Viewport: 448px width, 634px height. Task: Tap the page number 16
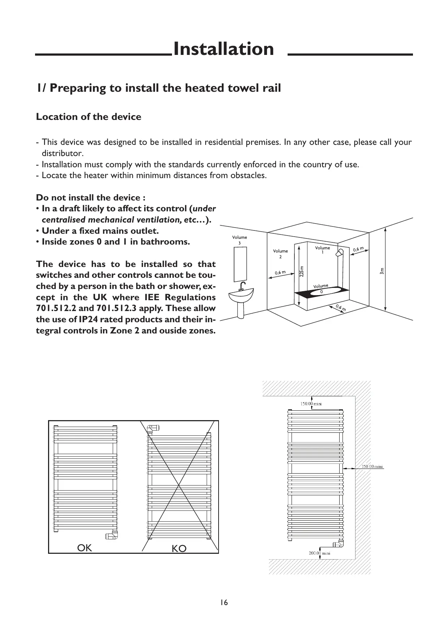click(x=224, y=603)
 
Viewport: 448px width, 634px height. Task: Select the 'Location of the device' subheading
click(x=89, y=117)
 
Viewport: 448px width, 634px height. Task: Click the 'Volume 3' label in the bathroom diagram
click(x=240, y=240)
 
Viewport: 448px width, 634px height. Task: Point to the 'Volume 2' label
click(x=280, y=254)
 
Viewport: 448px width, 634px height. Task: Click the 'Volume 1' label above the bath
click(x=322, y=250)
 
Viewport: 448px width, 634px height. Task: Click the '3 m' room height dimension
click(x=382, y=271)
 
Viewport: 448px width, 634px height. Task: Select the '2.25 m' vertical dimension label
click(x=302, y=271)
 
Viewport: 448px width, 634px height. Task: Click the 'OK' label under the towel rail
click(x=85, y=548)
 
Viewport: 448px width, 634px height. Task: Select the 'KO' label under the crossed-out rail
click(x=179, y=549)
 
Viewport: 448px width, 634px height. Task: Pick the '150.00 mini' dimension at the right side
click(x=372, y=466)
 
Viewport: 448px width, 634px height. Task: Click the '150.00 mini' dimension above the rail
click(x=311, y=404)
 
